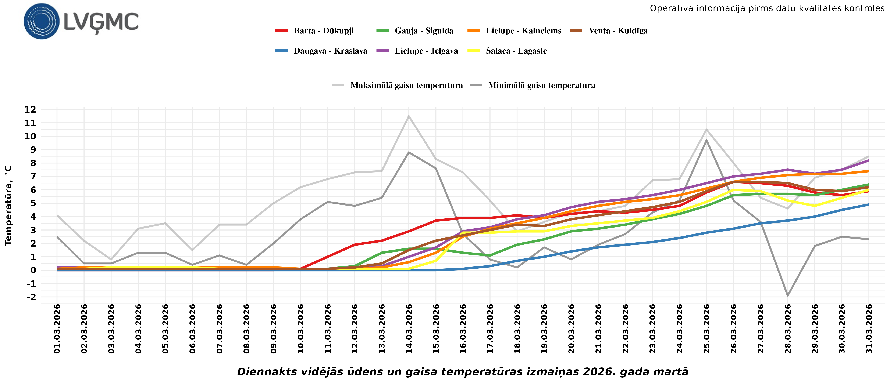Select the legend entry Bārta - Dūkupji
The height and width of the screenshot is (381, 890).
pyautogui.click(x=323, y=31)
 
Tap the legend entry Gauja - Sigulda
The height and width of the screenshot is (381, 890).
pyautogui.click(x=424, y=31)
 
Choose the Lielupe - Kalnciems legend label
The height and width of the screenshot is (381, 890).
pyautogui.click(x=523, y=31)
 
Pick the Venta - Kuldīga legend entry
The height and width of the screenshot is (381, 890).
pyautogui.click(x=618, y=31)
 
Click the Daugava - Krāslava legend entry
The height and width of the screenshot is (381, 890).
pyautogui.click(x=330, y=51)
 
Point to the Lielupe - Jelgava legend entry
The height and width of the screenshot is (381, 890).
pyautogui.click(x=426, y=51)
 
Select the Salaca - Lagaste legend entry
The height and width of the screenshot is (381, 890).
pyautogui.click(x=516, y=51)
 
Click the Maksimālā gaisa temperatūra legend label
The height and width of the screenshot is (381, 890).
pyautogui.click(x=406, y=85)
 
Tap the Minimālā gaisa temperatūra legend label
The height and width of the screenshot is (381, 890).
pyautogui.click(x=541, y=85)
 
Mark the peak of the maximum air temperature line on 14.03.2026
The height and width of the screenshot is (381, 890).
pyautogui.click(x=409, y=116)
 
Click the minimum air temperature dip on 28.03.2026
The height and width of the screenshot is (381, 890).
pyautogui.click(x=788, y=296)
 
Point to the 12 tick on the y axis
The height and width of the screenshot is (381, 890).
pyautogui.click(x=30, y=110)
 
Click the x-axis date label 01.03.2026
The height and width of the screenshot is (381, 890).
pyautogui.click(x=57, y=329)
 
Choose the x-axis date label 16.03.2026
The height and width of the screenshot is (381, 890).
pyautogui.click(x=463, y=329)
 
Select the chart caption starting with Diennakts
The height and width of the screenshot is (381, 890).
pyautogui.click(x=463, y=372)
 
